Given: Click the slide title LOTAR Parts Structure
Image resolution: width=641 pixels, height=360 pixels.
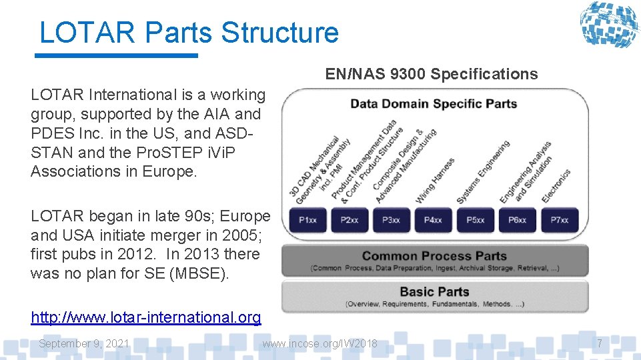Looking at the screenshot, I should click(189, 33).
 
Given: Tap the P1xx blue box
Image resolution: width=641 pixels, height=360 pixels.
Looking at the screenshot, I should click(308, 220).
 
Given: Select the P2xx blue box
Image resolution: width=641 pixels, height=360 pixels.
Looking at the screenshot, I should click(350, 220).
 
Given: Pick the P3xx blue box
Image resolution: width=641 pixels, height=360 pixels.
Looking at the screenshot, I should click(392, 220).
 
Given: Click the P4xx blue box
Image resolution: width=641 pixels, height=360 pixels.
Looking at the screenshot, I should click(434, 220).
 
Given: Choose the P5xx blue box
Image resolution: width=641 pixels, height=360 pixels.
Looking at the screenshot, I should click(476, 220).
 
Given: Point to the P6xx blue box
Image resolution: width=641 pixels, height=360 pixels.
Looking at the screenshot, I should click(518, 220).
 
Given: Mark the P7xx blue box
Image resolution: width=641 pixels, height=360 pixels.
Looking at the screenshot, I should click(560, 220).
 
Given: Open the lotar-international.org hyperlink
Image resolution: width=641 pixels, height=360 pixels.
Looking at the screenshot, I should click(146, 317).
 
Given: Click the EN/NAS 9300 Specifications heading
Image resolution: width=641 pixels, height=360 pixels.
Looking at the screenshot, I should click(432, 74).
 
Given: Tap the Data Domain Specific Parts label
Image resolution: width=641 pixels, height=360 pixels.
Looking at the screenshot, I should click(434, 103).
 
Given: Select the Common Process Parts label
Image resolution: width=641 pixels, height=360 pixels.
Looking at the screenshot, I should click(434, 256).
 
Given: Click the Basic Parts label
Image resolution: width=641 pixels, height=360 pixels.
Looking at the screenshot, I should click(434, 291).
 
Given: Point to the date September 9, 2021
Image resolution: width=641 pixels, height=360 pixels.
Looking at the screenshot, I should click(84, 343).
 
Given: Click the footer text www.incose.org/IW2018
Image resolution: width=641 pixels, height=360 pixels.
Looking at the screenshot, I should click(319, 343).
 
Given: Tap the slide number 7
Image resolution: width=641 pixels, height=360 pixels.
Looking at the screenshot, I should click(600, 343).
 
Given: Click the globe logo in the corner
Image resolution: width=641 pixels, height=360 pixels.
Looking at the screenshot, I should click(608, 25).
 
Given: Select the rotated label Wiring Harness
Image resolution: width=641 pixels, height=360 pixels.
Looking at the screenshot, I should click(436, 180).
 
